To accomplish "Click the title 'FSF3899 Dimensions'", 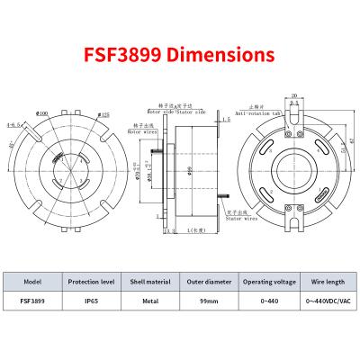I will coord(180,54).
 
